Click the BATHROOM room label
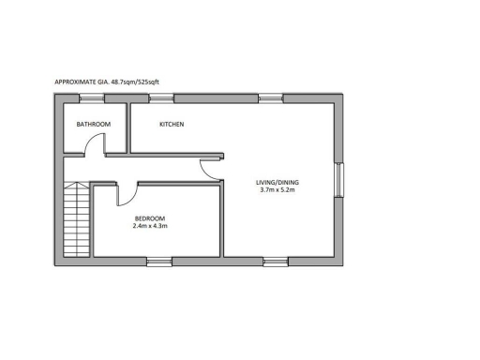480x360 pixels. click(94, 125)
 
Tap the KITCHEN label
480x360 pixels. click(171, 125)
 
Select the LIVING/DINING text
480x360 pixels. click(277, 182)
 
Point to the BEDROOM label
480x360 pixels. click(149, 218)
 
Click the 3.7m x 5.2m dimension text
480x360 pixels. click(277, 190)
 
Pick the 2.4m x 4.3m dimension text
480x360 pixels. click(149, 227)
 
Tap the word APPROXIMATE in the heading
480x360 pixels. click(77, 82)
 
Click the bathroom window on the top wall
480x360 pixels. click(92, 97)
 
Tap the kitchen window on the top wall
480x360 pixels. click(161, 97)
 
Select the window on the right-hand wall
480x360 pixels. click(340, 180)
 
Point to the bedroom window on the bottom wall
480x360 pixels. click(159, 261)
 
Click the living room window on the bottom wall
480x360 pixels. click(276, 261)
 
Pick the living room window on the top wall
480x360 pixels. click(271, 97)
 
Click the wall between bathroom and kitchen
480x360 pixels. click(127, 127)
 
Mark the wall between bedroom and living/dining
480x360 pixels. click(222, 219)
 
